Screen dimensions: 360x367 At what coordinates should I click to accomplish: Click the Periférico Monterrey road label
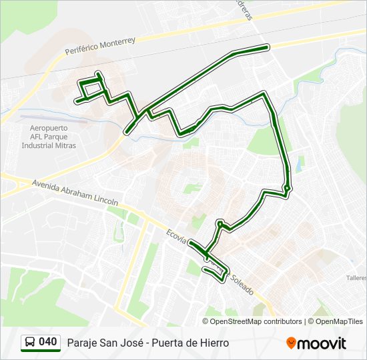click(x=100, y=46)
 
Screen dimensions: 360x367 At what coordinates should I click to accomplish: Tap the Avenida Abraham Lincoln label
click(x=75, y=191)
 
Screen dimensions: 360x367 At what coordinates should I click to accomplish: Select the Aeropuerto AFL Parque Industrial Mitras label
click(x=48, y=136)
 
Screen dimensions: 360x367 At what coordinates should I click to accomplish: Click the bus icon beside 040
click(x=29, y=343)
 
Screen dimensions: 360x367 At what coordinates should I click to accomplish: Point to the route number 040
click(x=48, y=343)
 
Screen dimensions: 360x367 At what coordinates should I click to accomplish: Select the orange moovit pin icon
click(x=291, y=343)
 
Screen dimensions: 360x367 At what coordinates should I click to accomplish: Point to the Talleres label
click(x=356, y=277)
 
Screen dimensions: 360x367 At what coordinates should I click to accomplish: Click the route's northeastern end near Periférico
click(x=268, y=47)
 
